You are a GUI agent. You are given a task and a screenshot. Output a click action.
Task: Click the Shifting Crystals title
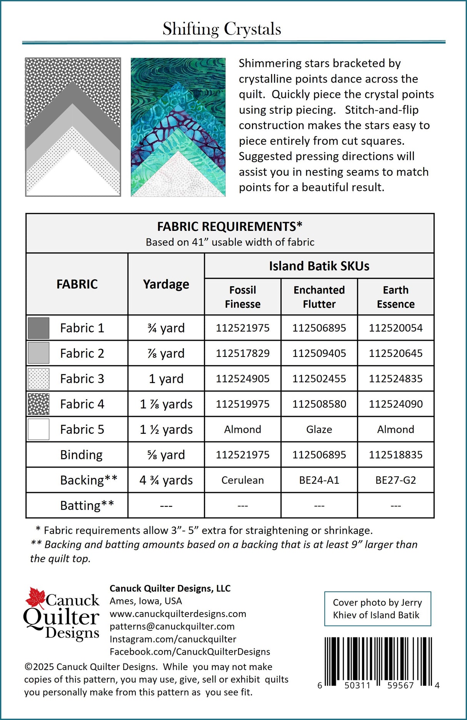(222, 29)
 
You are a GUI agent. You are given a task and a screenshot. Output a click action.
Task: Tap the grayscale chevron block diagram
(73, 127)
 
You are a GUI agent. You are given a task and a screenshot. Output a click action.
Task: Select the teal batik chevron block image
(178, 127)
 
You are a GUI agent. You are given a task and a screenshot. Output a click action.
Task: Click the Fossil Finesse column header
(242, 297)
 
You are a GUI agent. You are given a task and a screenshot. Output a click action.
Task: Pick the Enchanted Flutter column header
(319, 297)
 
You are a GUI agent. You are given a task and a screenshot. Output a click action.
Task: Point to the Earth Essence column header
(395, 297)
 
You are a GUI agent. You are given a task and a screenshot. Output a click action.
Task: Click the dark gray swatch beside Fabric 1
(38, 328)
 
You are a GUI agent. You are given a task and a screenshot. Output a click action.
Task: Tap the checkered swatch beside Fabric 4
(38, 404)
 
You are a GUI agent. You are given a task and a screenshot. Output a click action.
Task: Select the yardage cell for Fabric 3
(166, 379)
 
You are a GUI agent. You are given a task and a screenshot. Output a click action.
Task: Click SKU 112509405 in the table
(319, 353)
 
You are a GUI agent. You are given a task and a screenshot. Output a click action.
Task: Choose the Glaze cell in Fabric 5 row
(319, 430)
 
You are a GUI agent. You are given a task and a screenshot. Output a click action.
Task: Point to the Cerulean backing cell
(242, 480)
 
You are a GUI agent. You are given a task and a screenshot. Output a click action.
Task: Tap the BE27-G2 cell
(395, 480)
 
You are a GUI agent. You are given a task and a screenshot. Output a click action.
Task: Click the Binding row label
(81, 455)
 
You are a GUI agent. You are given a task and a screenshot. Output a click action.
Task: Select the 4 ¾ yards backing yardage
(166, 480)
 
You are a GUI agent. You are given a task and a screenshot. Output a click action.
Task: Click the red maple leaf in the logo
(35, 598)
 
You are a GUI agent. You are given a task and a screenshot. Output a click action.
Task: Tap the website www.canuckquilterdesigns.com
(178, 614)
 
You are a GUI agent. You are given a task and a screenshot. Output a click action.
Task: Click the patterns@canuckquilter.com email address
(172, 627)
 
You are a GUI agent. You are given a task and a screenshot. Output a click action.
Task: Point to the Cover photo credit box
(377, 609)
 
